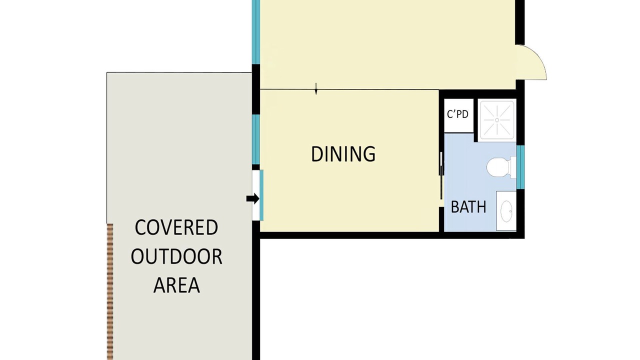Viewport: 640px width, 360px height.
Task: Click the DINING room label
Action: click(x=343, y=154)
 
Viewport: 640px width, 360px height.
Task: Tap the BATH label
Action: click(x=468, y=207)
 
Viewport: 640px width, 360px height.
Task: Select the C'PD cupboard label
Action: click(x=457, y=114)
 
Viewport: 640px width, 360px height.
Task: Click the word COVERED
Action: click(x=176, y=227)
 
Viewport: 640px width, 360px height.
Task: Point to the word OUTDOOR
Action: click(x=176, y=256)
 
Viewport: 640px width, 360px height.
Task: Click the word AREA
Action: click(x=176, y=285)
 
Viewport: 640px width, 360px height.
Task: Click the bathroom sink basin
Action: click(x=506, y=211)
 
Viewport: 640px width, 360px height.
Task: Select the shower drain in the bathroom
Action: click(x=497, y=120)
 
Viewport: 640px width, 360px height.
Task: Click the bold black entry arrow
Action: click(x=252, y=198)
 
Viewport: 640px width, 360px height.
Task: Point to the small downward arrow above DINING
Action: click(x=315, y=88)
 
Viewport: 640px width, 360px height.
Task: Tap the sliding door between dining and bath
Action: click(x=441, y=175)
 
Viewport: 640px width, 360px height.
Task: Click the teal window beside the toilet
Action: click(x=520, y=167)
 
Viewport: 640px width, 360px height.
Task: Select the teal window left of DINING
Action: click(x=255, y=139)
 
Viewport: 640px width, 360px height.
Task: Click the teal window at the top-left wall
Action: click(x=255, y=32)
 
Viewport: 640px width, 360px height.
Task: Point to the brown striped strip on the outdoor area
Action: click(x=110, y=291)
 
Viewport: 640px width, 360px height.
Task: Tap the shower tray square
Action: click(x=497, y=120)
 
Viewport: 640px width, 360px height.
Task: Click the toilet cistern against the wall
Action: click(x=513, y=167)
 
